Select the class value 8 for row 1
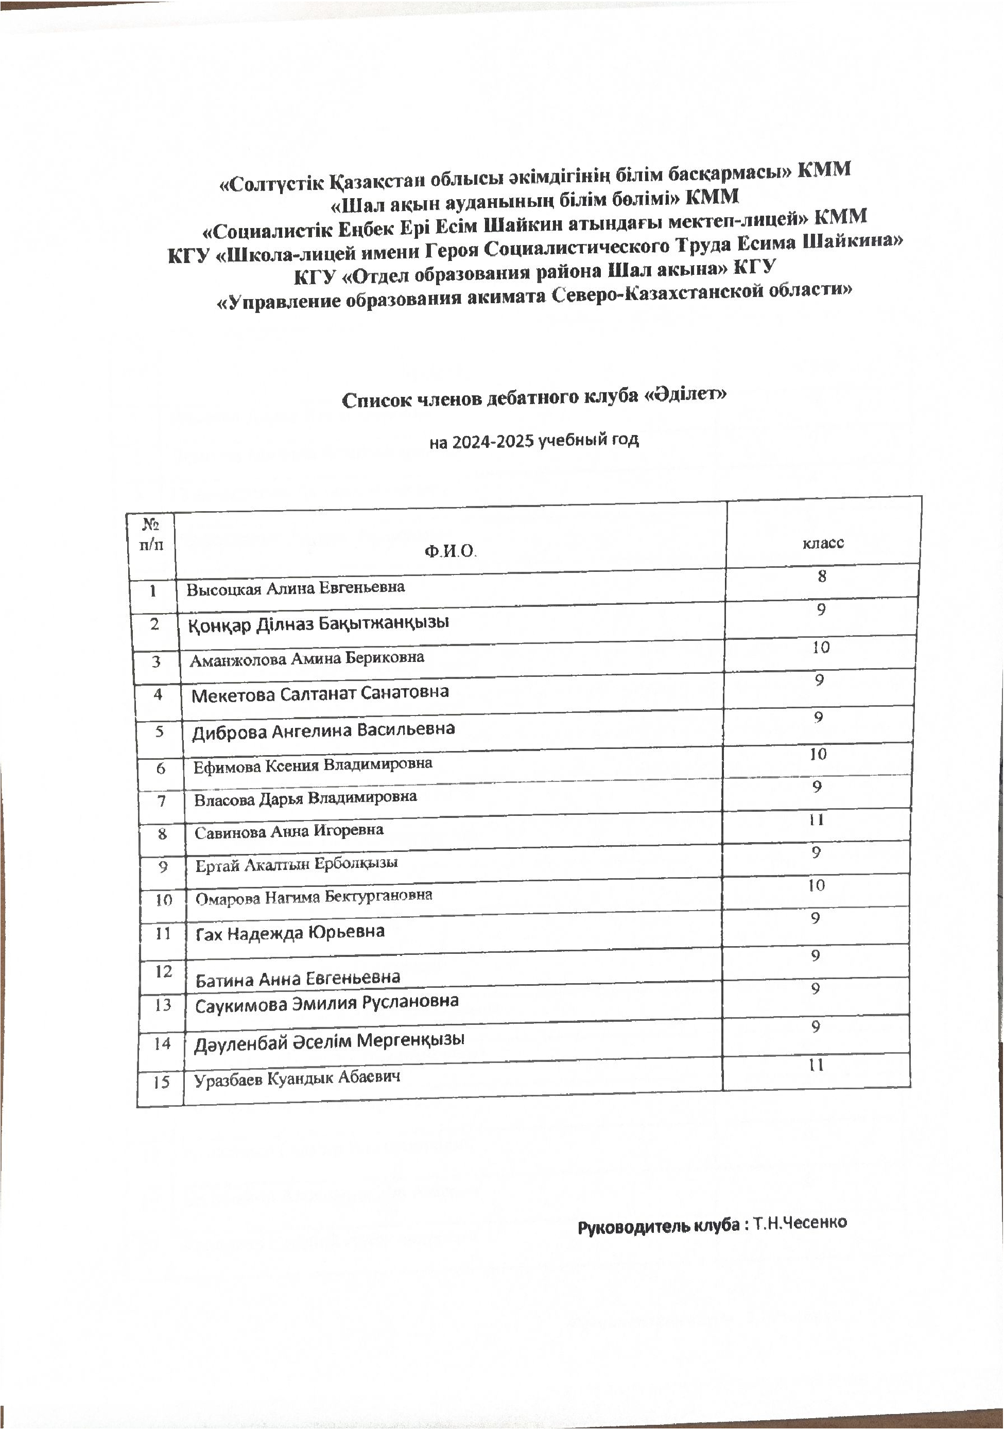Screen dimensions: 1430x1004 822,576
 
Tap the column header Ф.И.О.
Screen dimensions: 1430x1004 449,551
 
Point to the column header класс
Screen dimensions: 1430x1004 823,543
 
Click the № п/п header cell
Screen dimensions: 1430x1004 151,534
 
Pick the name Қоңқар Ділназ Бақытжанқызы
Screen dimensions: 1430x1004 318,623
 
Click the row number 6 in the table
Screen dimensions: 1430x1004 161,769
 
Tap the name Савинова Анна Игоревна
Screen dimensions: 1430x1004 289,831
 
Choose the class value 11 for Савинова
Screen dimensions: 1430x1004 816,819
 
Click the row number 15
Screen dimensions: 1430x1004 161,1082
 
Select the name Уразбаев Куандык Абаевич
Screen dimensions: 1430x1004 297,1078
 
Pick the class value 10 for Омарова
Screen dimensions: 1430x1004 816,885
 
